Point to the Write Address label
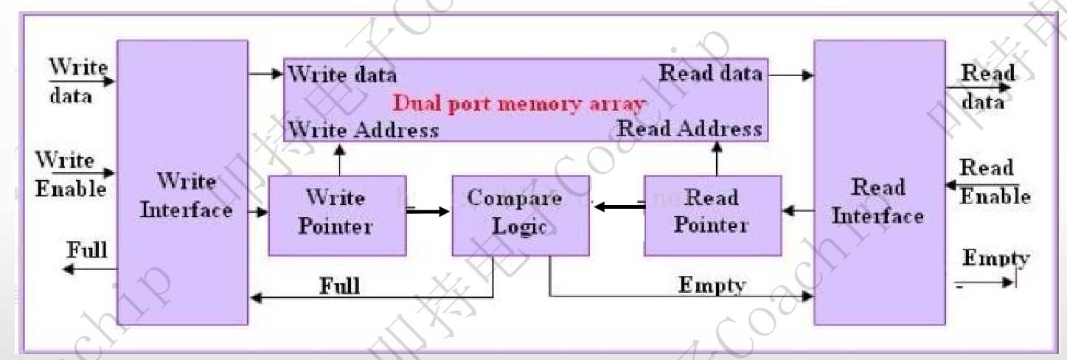click(x=363, y=130)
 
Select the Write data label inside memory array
click(x=341, y=75)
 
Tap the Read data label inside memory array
click(x=710, y=73)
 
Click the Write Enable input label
click(x=71, y=175)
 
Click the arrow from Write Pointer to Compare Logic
click(x=428, y=212)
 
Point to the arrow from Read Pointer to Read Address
click(x=716, y=158)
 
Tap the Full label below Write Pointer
click(x=339, y=285)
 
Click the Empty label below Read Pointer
click(x=712, y=285)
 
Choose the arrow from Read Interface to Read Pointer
click(x=798, y=212)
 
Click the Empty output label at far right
click(x=995, y=259)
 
